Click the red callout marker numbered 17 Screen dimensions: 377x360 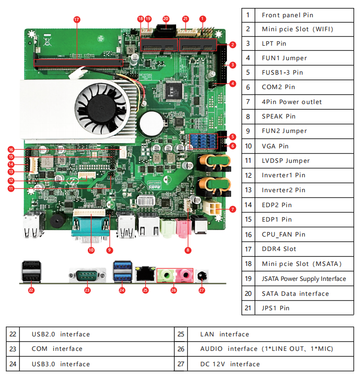point(77,19)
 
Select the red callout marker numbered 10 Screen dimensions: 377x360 point(91,250)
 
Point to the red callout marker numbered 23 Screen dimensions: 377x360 point(87,290)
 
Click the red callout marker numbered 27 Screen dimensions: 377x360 point(202,290)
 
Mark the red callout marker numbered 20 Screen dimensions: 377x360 point(165,19)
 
